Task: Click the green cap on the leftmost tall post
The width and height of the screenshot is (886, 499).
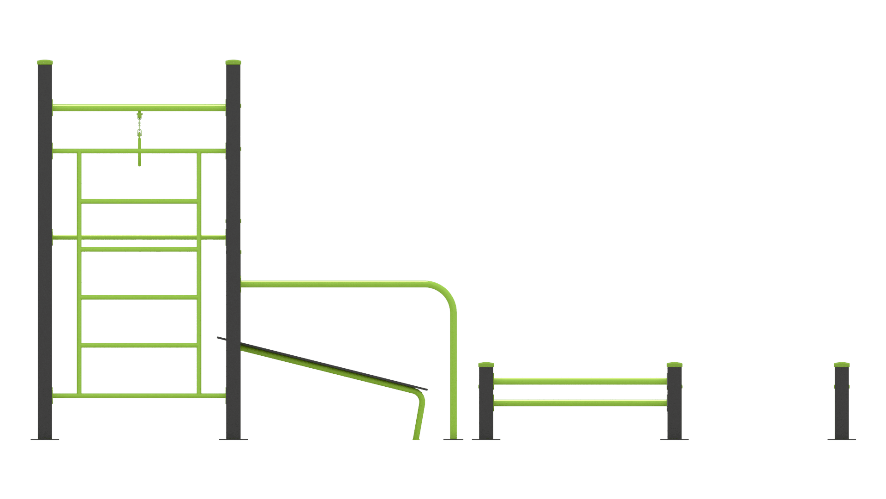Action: click(45, 62)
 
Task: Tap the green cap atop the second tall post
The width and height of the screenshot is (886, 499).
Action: click(233, 62)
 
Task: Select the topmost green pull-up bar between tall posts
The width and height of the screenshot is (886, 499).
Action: click(138, 108)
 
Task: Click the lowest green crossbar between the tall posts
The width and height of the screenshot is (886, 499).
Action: click(138, 396)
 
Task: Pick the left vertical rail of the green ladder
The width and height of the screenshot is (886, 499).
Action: click(79, 277)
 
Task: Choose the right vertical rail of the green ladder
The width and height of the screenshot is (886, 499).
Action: click(199, 277)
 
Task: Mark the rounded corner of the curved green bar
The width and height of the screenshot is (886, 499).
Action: click(447, 291)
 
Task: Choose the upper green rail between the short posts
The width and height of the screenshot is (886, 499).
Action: click(580, 381)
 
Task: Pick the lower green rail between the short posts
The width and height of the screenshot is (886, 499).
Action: click(580, 403)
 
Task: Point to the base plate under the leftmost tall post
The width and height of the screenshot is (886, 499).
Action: click(45, 439)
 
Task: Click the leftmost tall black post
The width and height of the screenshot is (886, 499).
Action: click(45, 254)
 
